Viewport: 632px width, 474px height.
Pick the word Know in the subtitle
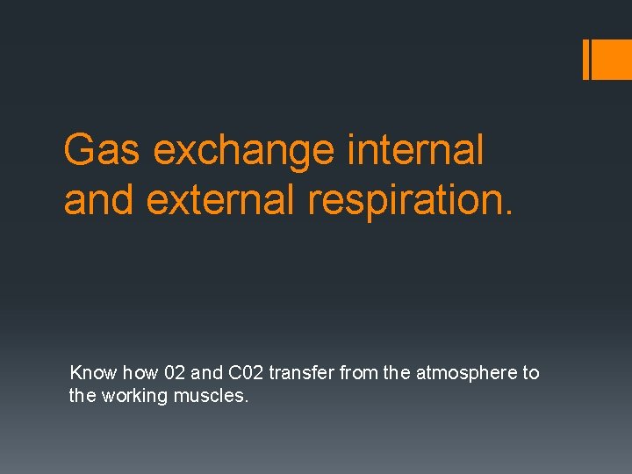click(x=93, y=373)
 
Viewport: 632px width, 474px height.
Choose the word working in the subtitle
click(x=135, y=396)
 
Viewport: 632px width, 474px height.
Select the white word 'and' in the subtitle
click(x=206, y=373)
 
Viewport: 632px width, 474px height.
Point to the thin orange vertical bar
click(x=586, y=59)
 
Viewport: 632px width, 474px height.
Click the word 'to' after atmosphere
click(x=531, y=373)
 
